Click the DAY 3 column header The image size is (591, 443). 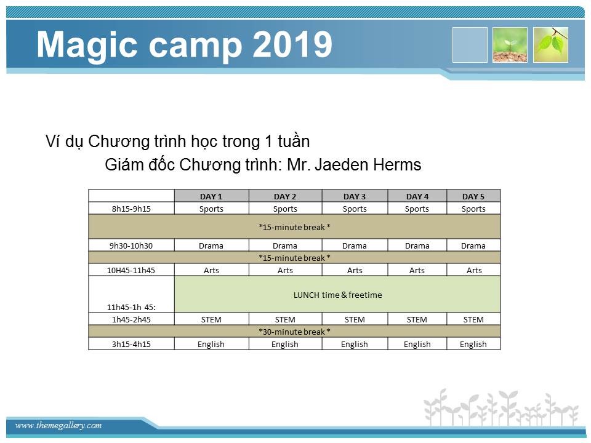pyautogui.click(x=355, y=196)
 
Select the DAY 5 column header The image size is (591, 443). pyautogui.click(x=473, y=196)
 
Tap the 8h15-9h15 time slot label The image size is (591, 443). pyautogui.click(x=131, y=209)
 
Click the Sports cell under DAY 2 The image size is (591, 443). pyautogui.click(x=285, y=209)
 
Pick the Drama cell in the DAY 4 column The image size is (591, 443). pyautogui.click(x=417, y=245)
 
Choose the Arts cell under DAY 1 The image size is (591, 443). pyautogui.click(x=211, y=270)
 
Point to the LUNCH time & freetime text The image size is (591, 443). pyautogui.click(x=338, y=295)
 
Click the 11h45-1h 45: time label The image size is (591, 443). pyautogui.click(x=131, y=307)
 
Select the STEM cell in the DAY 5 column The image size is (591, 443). pyautogui.click(x=473, y=319)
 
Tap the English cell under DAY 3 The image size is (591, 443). pyautogui.click(x=355, y=344)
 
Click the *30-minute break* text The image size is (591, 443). pyautogui.click(x=294, y=332)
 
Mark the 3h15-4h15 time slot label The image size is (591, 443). pyautogui.click(x=131, y=344)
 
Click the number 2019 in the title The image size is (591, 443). pyautogui.click(x=292, y=44)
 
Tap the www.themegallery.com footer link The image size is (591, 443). pyautogui.click(x=58, y=425)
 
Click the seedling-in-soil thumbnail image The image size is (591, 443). pyautogui.click(x=510, y=45)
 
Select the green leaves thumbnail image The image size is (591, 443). pyautogui.click(x=550, y=45)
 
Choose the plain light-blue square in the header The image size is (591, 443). pyautogui.click(x=470, y=45)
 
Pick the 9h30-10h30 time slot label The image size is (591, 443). pyautogui.click(x=131, y=245)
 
